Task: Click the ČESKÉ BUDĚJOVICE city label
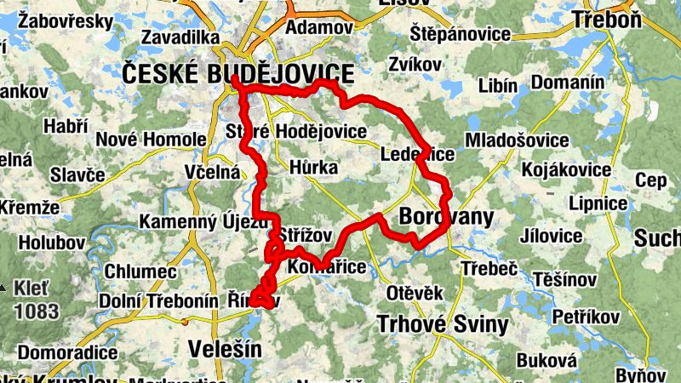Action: [x=238, y=73]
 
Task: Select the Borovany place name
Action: [x=446, y=217]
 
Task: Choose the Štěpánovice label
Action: [x=461, y=35]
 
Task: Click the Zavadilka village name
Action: [x=182, y=37]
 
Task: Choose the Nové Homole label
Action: [x=152, y=140]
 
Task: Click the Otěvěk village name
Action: [x=415, y=294]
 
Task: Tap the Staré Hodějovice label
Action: [x=296, y=132]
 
